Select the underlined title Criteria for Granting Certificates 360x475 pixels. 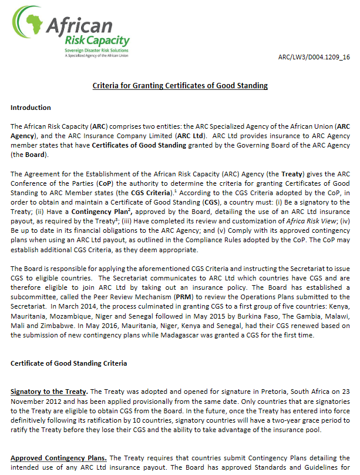click(180, 86)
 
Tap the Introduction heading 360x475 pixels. click(31, 108)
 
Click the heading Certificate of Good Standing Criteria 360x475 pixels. click(69, 363)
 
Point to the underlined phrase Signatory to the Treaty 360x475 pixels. click(48, 392)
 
